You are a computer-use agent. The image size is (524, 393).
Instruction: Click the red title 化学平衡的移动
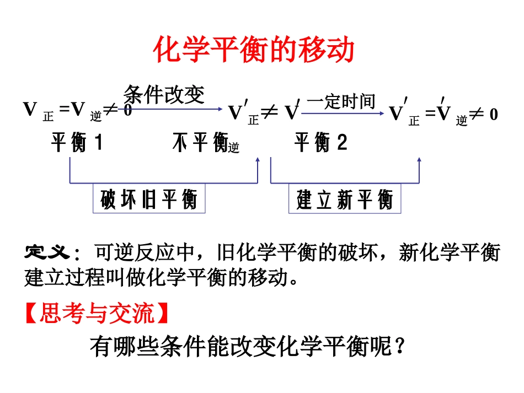[253, 51]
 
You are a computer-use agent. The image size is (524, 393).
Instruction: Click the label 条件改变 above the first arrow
[164, 94]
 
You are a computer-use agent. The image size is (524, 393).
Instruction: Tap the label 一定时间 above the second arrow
[341, 101]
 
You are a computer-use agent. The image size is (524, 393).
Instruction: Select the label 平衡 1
[77, 143]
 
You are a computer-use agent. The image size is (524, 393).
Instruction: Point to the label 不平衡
[200, 143]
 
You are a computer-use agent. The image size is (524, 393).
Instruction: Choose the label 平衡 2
[320, 143]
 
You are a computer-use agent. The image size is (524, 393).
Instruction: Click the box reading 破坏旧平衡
[148, 200]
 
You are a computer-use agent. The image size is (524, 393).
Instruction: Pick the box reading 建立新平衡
[345, 200]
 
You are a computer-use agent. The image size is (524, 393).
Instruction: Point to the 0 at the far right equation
[493, 115]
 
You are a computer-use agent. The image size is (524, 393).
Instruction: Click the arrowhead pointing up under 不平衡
[258, 160]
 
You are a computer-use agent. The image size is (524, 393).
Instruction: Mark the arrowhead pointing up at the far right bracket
[419, 160]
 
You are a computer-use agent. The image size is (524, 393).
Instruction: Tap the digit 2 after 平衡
[342, 143]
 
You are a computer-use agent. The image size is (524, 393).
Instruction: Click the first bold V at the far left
[29, 110]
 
